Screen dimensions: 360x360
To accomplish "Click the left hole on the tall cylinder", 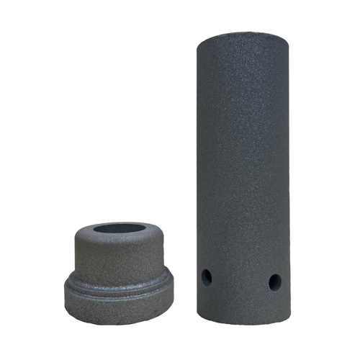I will tap(207, 276).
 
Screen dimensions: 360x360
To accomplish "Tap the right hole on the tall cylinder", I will tap(274, 282).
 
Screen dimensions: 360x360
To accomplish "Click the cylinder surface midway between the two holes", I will tap(240, 281).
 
